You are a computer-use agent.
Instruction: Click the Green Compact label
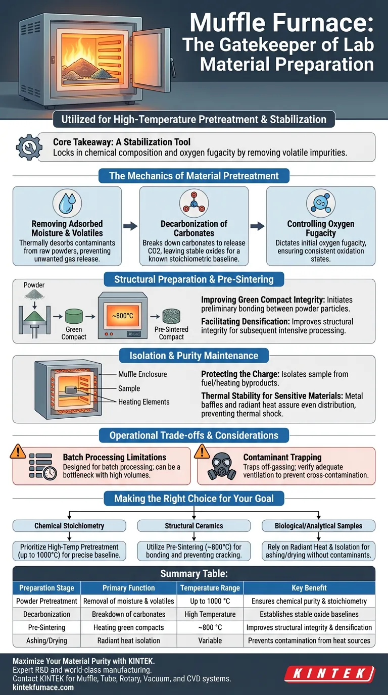point(74,333)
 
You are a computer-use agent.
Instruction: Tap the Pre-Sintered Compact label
point(171,333)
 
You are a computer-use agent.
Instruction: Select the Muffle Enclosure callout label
point(142,374)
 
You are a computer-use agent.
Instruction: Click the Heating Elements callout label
point(144,402)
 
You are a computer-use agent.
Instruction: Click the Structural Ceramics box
point(194,526)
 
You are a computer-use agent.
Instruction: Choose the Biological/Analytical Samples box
point(318,526)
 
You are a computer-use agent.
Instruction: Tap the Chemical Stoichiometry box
point(69,526)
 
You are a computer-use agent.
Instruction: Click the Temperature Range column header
point(210,588)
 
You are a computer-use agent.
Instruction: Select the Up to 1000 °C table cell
point(210,601)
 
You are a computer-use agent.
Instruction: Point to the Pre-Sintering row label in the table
point(47,627)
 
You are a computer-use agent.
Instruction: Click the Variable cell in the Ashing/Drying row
point(210,640)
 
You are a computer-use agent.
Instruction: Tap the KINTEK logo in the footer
point(329,674)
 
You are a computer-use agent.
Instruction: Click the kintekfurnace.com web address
point(43,687)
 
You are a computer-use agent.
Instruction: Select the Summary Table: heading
point(194,574)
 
